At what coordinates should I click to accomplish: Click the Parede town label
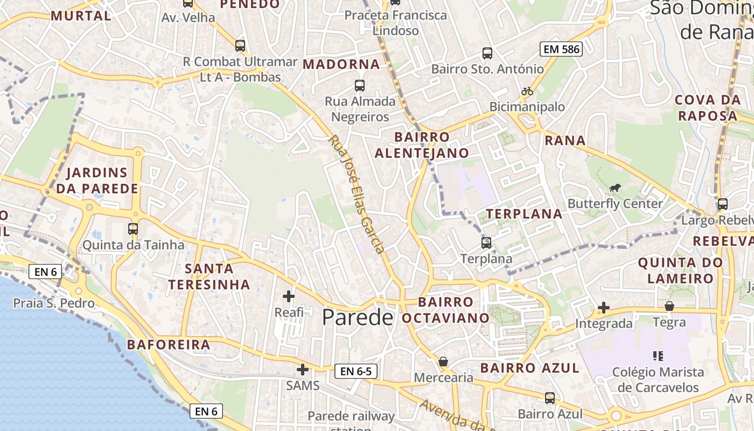(358, 317)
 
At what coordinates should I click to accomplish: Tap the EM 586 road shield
(562, 50)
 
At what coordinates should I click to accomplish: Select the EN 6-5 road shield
(356, 371)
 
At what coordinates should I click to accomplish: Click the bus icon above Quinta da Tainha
(133, 229)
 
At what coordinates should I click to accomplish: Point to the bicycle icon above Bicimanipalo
(527, 91)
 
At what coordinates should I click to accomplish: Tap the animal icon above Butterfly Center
(615, 187)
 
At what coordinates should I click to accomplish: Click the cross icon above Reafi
(289, 296)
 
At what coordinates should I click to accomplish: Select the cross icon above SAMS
(303, 370)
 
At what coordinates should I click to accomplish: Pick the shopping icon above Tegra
(669, 306)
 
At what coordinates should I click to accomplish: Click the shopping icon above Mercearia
(443, 361)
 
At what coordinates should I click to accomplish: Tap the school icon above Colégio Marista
(658, 356)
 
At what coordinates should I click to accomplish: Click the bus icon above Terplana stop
(486, 242)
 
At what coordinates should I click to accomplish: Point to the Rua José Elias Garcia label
(357, 194)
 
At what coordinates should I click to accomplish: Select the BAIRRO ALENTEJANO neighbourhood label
(422, 145)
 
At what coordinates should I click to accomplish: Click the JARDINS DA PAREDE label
(97, 181)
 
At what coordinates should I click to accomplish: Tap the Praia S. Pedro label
(54, 303)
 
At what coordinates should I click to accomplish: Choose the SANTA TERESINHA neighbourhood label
(209, 276)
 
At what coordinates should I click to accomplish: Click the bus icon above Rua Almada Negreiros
(360, 85)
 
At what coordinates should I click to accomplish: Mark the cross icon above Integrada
(604, 308)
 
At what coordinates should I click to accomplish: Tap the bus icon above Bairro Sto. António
(487, 53)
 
